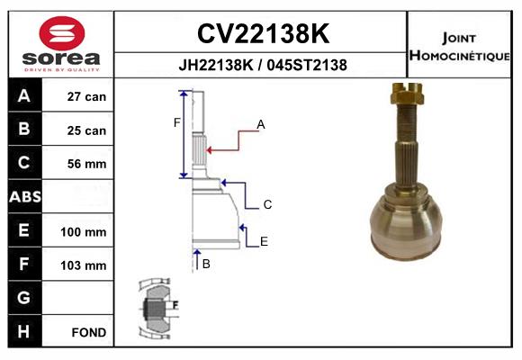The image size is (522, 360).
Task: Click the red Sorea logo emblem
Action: (x=62, y=33)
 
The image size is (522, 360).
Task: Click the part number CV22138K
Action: (x=263, y=33)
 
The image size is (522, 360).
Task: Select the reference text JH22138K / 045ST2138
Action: (x=263, y=65)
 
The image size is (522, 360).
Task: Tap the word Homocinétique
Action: (x=459, y=55)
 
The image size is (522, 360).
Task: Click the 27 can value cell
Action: (x=86, y=96)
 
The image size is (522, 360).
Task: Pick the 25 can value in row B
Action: (x=86, y=130)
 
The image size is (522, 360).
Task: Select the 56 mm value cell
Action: (x=86, y=164)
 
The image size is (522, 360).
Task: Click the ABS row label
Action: (x=25, y=196)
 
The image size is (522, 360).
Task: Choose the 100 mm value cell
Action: (x=83, y=232)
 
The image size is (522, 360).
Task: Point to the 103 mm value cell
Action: (x=83, y=265)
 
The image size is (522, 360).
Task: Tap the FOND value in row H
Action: (x=89, y=332)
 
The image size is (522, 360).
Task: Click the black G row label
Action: (x=25, y=298)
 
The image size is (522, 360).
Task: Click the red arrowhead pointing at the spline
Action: (x=209, y=150)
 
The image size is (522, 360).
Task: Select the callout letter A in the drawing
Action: (x=261, y=124)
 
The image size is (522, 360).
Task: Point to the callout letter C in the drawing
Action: (x=267, y=204)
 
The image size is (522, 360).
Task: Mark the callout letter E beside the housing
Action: (x=264, y=241)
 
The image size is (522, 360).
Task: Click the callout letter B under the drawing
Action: (x=206, y=264)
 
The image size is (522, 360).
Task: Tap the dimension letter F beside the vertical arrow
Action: (x=176, y=123)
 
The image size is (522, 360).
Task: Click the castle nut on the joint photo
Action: (x=407, y=94)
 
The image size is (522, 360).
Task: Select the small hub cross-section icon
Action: (x=158, y=309)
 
